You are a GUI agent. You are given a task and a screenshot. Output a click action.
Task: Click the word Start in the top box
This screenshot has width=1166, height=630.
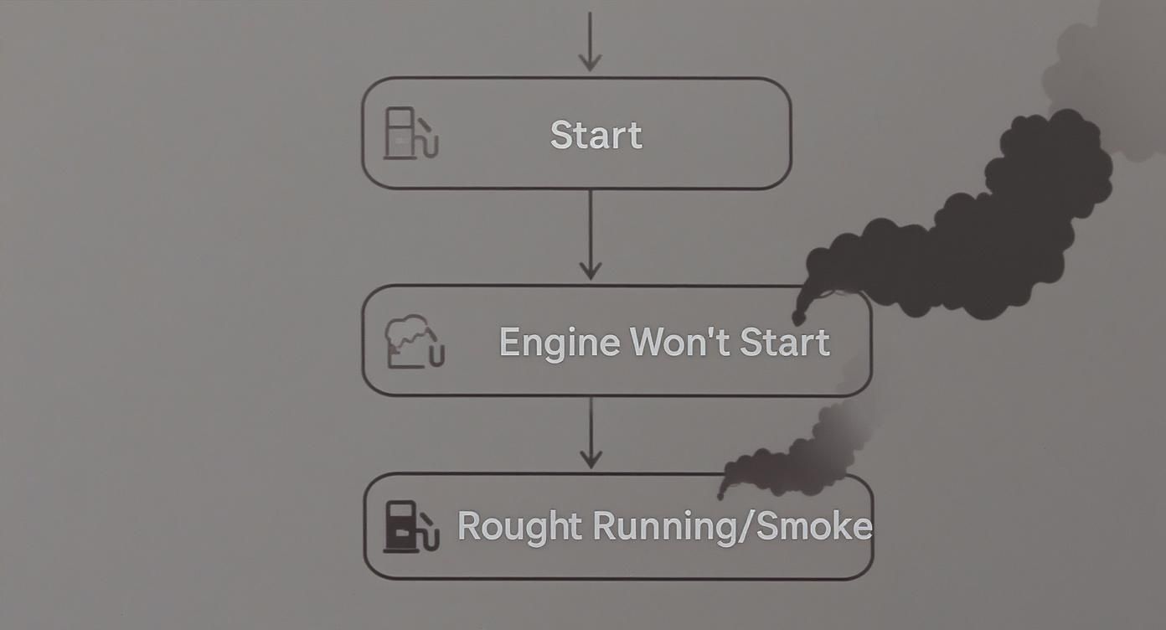(596, 135)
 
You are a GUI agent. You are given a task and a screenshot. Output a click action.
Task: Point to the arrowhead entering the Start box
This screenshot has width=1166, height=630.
(590, 62)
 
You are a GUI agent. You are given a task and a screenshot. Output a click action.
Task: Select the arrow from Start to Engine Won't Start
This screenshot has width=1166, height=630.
(591, 235)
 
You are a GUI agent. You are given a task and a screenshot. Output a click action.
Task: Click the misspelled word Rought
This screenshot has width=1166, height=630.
(519, 527)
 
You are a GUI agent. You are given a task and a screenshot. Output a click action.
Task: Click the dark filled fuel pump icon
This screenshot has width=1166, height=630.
(410, 527)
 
